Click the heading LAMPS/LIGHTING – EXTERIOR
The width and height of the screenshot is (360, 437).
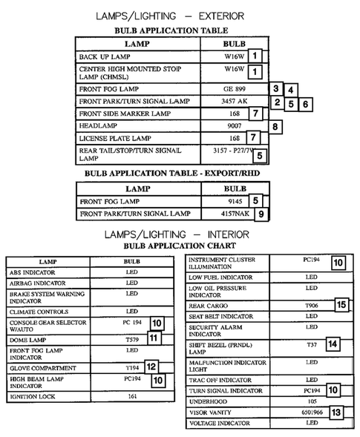[180, 16]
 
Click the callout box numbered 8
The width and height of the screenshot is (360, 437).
[276, 127]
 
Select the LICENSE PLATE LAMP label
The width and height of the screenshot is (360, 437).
[114, 139]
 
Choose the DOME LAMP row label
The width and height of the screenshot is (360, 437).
[24, 338]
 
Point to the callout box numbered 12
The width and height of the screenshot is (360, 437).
[151, 367]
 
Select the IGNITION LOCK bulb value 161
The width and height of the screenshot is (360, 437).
[131, 397]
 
